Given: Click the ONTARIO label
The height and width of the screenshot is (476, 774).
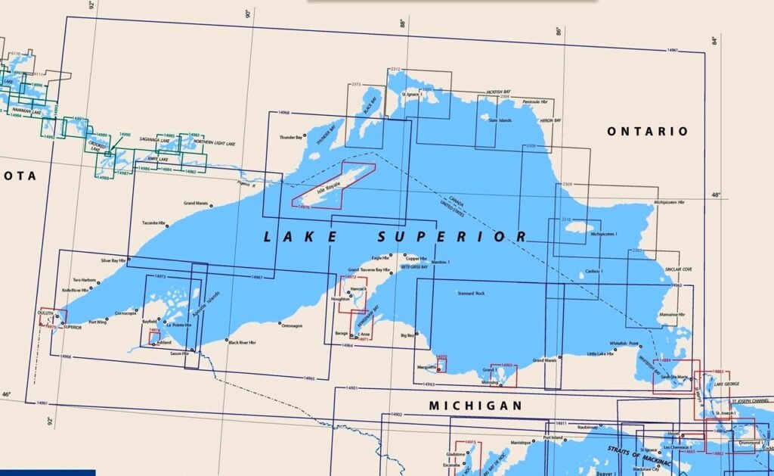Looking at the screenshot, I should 648,132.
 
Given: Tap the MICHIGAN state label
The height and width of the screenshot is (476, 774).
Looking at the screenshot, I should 475,406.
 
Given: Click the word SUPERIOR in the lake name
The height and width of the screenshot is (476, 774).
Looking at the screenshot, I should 452,237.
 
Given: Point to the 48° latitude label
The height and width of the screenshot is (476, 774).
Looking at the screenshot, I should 716,194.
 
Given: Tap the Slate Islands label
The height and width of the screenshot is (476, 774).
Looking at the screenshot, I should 500,121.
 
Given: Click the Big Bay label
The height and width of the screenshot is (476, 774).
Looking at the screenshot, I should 408,334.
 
